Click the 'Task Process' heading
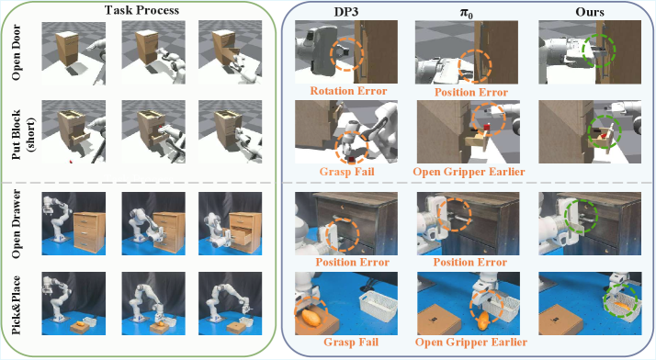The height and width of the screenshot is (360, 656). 141,10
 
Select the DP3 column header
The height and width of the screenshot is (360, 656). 346,11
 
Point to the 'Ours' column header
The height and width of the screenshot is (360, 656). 590,12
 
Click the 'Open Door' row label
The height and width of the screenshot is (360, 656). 17,52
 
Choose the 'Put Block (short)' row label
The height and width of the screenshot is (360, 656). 22,135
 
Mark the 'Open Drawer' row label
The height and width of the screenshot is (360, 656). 17,224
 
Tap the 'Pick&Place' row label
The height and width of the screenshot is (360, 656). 17,304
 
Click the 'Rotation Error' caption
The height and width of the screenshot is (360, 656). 348,91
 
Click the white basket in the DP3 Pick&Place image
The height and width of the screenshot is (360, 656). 379,307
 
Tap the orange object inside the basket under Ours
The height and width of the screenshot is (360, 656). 620,305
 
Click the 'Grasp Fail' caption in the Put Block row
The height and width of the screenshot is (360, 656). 346,172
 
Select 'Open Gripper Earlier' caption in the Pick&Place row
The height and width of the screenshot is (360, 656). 471,342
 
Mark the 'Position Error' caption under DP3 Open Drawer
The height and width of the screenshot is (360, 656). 352,262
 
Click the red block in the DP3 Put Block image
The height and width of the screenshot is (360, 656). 352,160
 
